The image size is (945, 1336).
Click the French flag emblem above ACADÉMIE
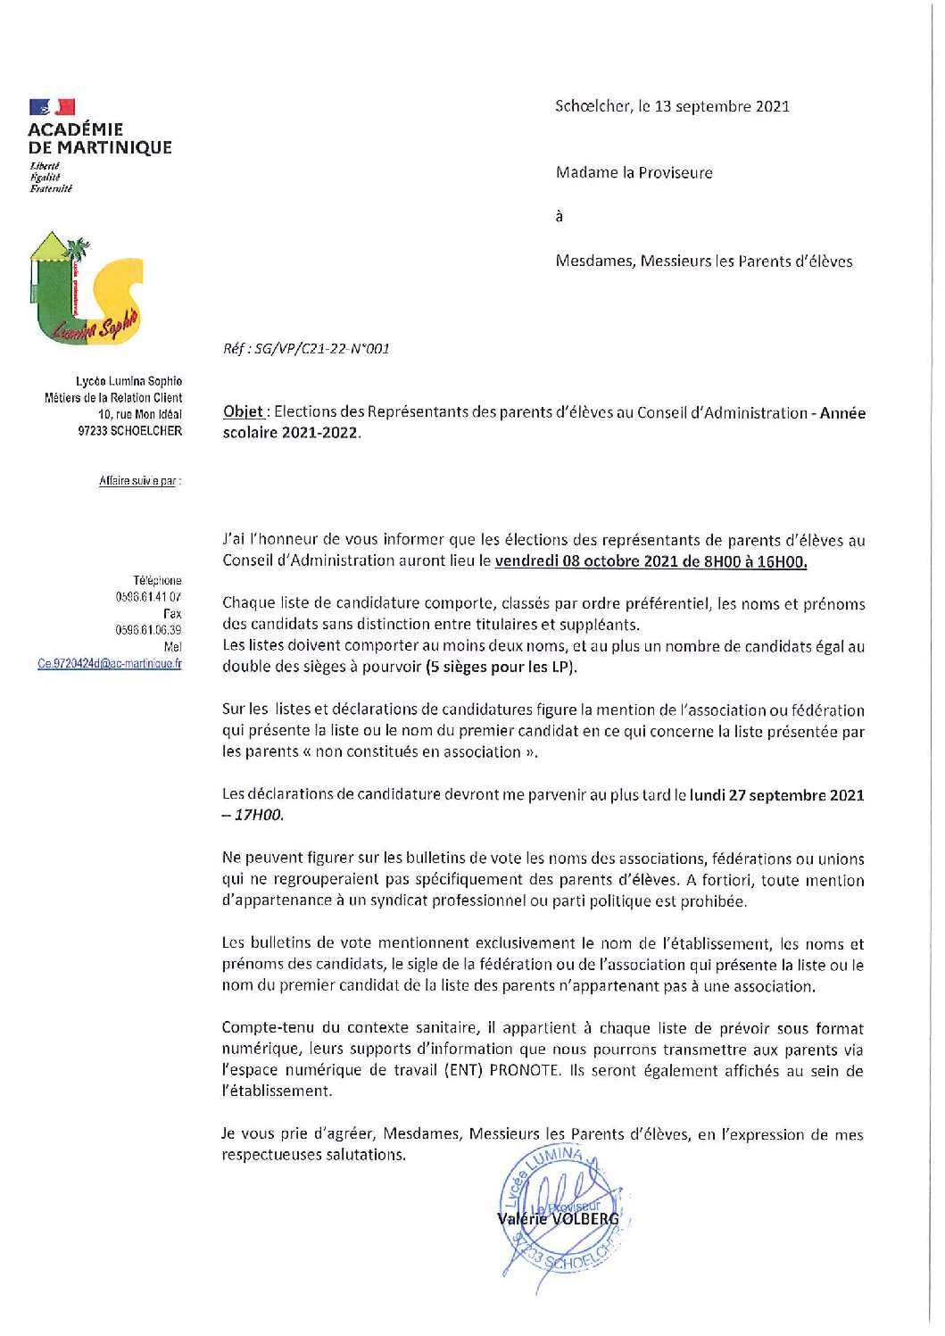(52, 107)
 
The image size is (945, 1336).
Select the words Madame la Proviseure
(634, 172)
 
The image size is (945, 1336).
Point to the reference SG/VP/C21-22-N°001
(322, 349)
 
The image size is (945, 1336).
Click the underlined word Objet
(243, 411)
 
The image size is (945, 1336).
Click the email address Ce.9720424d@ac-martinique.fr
(110, 663)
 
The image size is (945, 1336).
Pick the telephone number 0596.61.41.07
(148, 596)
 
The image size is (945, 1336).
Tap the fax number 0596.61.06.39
(148, 630)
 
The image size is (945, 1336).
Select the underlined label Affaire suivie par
(138, 481)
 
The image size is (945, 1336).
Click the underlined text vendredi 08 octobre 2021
(584, 561)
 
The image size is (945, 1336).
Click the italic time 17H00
(259, 815)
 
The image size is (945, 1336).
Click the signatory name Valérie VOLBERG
(558, 1218)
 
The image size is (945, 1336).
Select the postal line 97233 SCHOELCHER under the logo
(130, 431)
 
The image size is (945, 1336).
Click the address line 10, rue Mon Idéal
(140, 414)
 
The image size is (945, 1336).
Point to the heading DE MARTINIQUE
(100, 148)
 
